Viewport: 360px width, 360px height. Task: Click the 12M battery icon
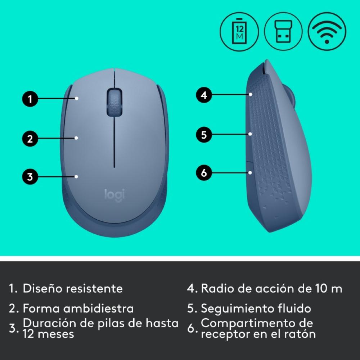[239, 31]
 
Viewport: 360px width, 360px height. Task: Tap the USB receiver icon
[283, 31]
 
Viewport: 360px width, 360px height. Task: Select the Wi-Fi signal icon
[327, 31]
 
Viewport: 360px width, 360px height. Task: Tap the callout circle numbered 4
[204, 95]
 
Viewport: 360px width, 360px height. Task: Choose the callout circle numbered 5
[204, 135]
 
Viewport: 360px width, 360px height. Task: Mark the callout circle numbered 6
[204, 173]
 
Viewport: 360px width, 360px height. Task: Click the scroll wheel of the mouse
[114, 102]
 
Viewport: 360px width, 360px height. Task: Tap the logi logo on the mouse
[114, 195]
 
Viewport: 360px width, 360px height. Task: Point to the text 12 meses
[48, 334]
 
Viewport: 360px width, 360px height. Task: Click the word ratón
[301, 334]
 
